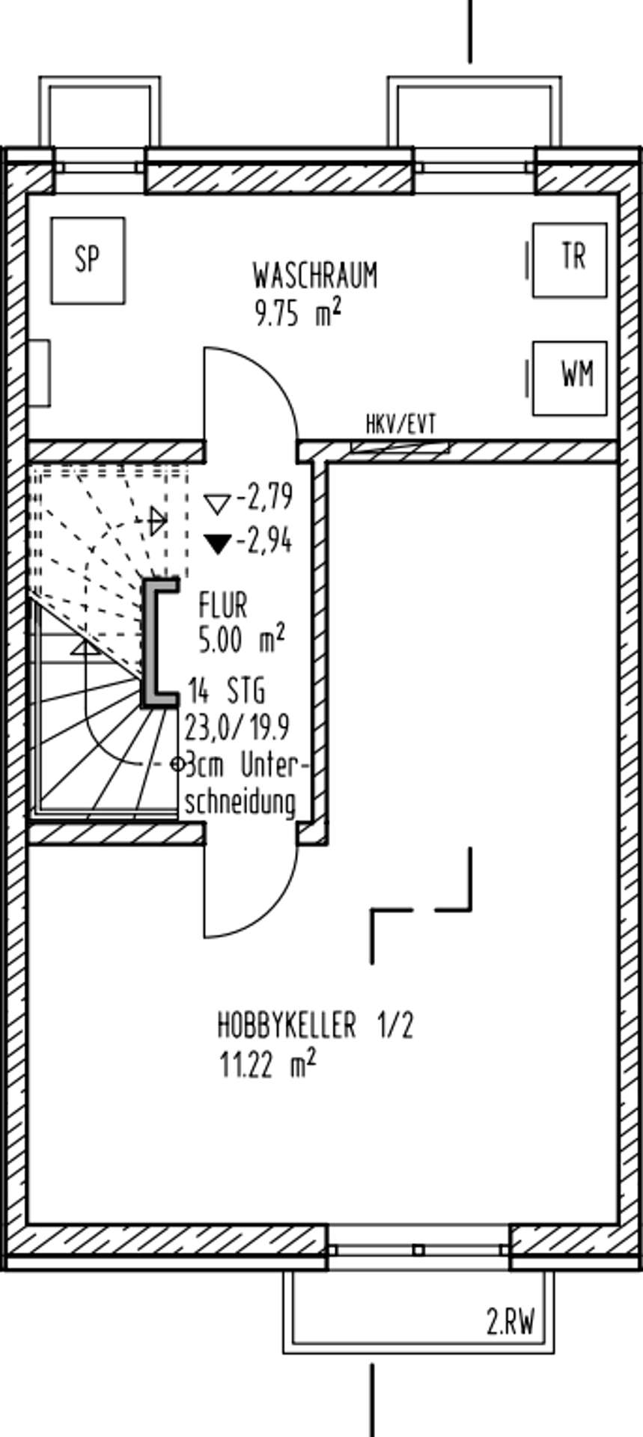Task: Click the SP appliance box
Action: pyautogui.click(x=88, y=260)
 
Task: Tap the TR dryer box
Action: pyautogui.click(x=570, y=260)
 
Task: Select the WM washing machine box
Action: pyautogui.click(x=570, y=378)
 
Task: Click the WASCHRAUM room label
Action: pyautogui.click(x=315, y=275)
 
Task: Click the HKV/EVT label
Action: pyautogui.click(x=400, y=426)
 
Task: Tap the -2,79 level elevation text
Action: pyautogui.click(x=264, y=497)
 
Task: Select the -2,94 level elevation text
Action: pyautogui.click(x=264, y=542)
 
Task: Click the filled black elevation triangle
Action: pyautogui.click(x=219, y=543)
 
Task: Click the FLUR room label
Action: pyautogui.click(x=223, y=605)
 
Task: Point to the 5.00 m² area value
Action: pyautogui.click(x=242, y=640)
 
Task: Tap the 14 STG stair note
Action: pyautogui.click(x=227, y=692)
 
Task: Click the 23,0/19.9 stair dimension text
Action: pyautogui.click(x=238, y=727)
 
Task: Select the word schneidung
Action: pyautogui.click(x=240, y=802)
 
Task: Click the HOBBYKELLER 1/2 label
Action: pyautogui.click(x=315, y=1025)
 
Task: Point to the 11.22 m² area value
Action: pyautogui.click(x=267, y=1064)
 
